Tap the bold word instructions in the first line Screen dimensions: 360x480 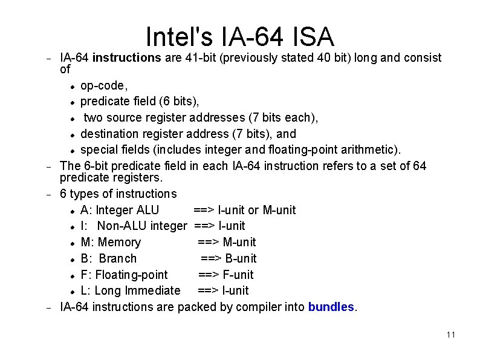pyautogui.click(x=126, y=58)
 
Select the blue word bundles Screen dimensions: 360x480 pyautogui.click(x=331, y=307)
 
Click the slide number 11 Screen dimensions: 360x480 pyautogui.click(x=450, y=335)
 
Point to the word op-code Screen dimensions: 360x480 pyautogui.click(x=103, y=85)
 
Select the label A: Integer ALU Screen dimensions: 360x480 pyautogui.click(x=120, y=210)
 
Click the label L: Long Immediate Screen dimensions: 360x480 pyautogui.click(x=130, y=291)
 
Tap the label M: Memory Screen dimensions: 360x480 pyautogui.click(x=111, y=243)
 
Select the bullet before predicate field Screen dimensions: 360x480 pyautogui.click(x=72, y=102)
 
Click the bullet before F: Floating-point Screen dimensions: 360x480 pyautogui.click(x=72, y=275)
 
